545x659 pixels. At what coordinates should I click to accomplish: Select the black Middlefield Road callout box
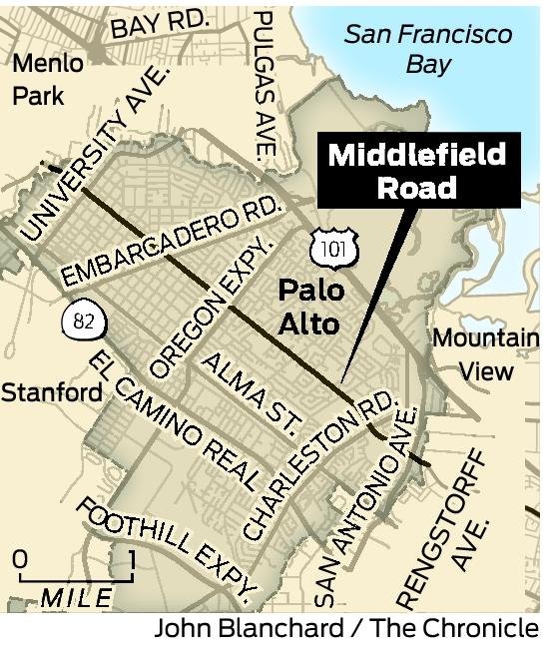418,172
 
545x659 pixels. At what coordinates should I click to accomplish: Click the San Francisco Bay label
428,50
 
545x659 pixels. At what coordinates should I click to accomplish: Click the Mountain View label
485,353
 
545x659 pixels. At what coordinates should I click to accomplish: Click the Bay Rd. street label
160,24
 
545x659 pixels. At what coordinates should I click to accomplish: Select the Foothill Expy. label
166,544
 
